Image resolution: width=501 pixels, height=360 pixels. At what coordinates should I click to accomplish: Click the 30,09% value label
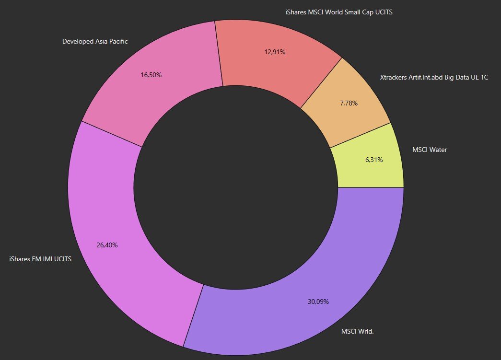tap(318, 302)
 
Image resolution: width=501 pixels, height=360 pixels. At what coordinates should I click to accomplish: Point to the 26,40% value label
tap(107, 245)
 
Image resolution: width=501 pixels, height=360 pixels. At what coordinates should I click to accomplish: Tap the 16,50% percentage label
tap(151, 75)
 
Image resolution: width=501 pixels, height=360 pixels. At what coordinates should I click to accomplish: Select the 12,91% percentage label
tap(275, 52)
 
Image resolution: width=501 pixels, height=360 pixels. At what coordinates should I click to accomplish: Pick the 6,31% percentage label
tap(374, 160)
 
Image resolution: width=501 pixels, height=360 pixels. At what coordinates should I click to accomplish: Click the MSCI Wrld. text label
tap(357, 331)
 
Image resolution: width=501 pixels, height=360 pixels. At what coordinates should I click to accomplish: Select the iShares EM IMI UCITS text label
tap(40, 259)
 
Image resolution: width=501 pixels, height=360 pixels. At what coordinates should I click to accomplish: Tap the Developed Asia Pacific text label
tap(95, 42)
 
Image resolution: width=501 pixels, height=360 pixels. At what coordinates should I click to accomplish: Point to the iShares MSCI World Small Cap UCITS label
tap(339, 12)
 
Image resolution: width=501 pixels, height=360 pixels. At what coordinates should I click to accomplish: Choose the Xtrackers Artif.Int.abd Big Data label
tap(434, 77)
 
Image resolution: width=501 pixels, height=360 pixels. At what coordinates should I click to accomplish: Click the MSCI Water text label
tap(430, 150)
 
